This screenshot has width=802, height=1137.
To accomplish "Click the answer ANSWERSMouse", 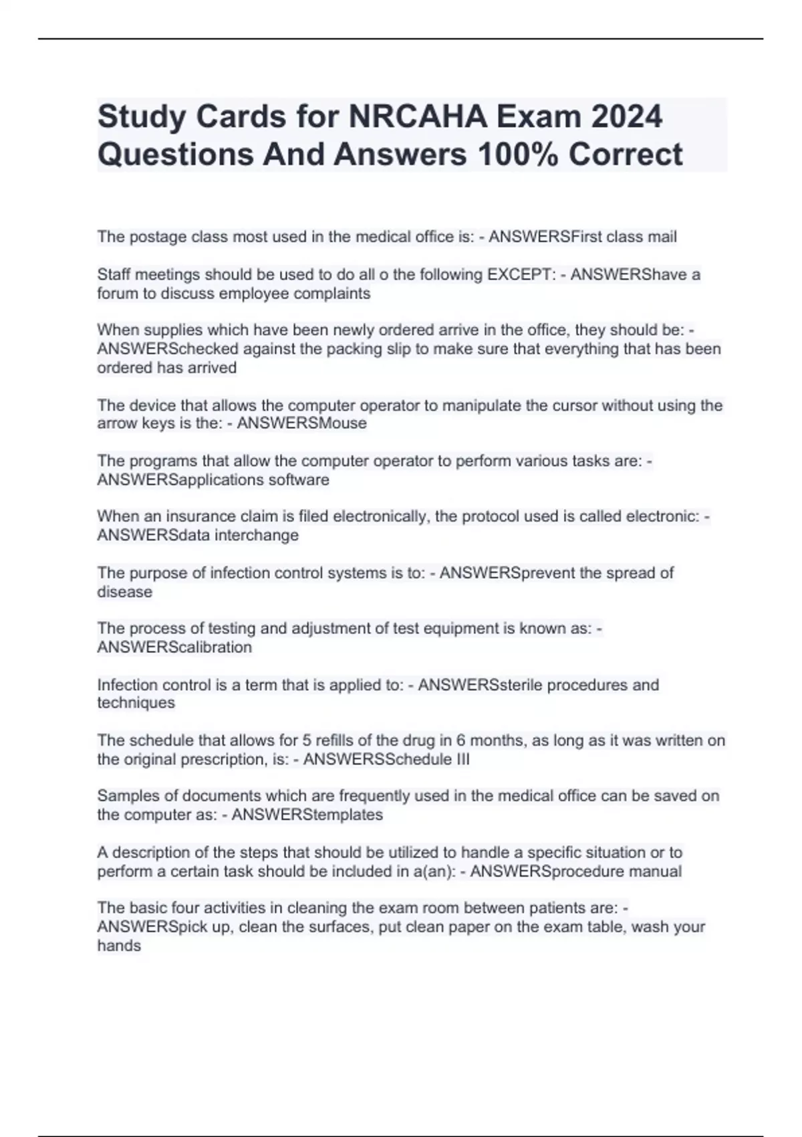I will tap(301, 423).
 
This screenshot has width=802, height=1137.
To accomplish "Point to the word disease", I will tap(124, 592).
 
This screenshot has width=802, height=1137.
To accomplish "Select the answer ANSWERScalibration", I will tap(174, 647).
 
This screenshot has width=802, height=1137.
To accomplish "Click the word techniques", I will tap(136, 703).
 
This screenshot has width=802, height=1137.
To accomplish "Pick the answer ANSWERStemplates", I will tap(307, 815).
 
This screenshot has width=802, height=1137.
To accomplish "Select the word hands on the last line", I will tap(119, 946).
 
